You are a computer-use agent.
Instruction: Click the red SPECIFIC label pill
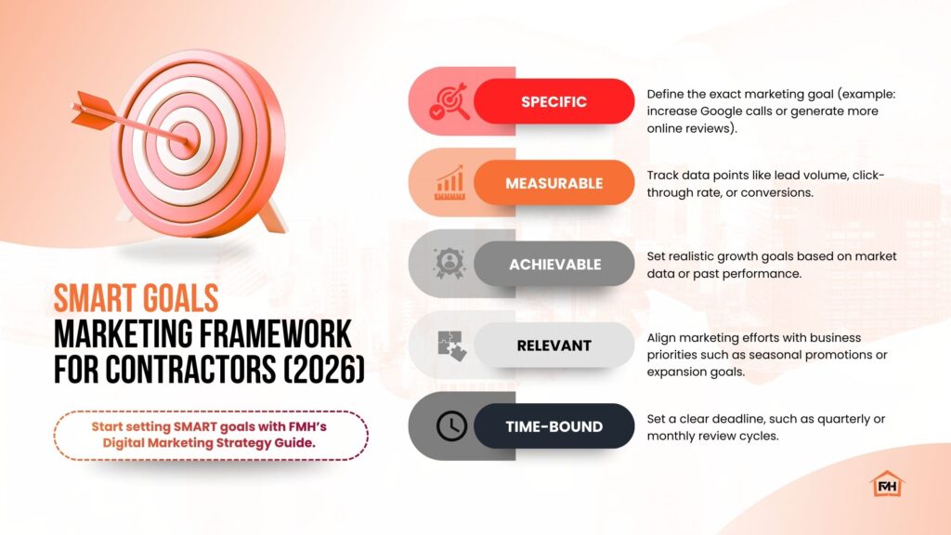(x=554, y=101)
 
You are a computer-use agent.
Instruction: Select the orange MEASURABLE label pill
(x=554, y=183)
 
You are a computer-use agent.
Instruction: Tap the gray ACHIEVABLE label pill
(x=554, y=264)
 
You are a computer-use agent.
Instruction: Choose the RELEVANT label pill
(x=554, y=346)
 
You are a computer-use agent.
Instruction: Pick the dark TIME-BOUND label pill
(x=554, y=426)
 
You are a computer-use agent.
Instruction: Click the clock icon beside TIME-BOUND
(x=452, y=426)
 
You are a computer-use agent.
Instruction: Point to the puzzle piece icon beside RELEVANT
(x=452, y=346)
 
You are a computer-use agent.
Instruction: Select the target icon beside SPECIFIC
(x=449, y=102)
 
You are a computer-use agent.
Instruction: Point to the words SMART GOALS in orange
(x=136, y=298)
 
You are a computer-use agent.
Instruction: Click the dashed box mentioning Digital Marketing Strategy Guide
(x=211, y=435)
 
